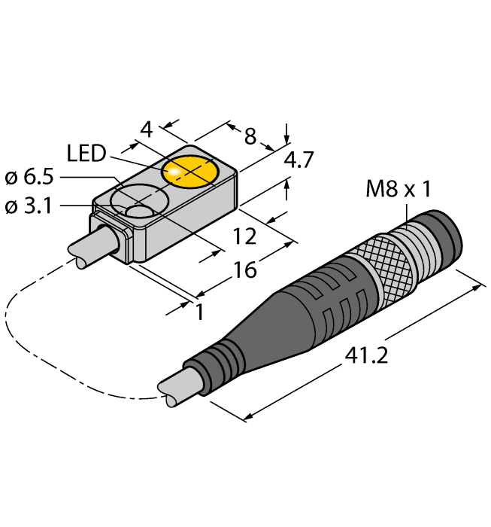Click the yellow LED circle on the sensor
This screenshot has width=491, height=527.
[x=189, y=172]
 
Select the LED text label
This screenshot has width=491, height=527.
[x=86, y=154]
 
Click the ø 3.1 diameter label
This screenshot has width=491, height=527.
[x=31, y=206]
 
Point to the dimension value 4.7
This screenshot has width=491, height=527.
[x=299, y=160]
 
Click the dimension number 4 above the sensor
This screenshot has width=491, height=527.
[x=147, y=129]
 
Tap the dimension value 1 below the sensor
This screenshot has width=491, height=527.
[x=199, y=311]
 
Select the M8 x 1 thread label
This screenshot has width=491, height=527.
[x=399, y=190]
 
